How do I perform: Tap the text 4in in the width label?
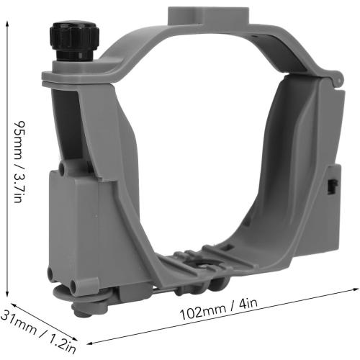click(248, 306)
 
